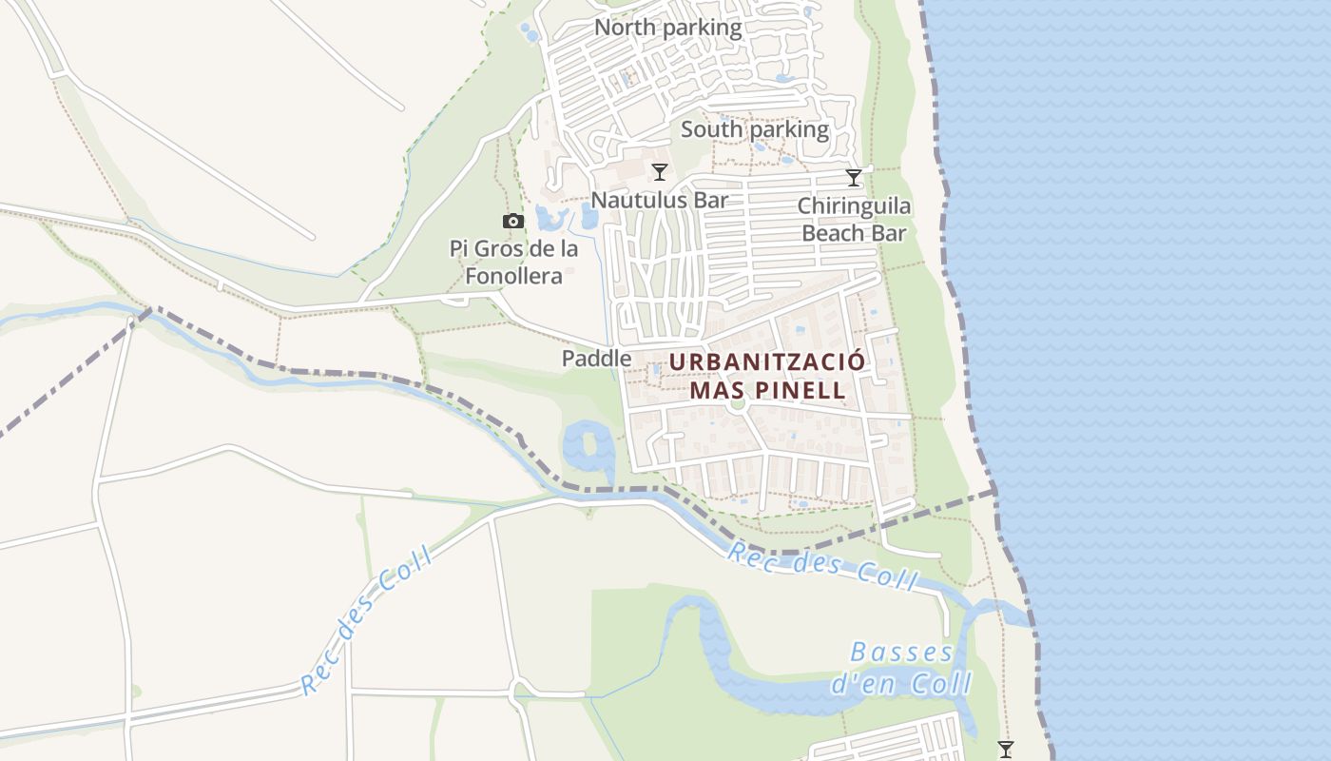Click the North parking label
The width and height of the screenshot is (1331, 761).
(667, 28)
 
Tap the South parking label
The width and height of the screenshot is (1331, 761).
(755, 129)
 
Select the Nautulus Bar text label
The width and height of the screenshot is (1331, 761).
(659, 200)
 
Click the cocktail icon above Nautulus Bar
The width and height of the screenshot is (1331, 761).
(659, 172)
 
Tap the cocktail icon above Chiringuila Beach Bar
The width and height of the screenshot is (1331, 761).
(854, 178)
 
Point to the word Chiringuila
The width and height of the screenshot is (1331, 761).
(854, 206)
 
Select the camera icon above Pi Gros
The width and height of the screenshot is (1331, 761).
(513, 222)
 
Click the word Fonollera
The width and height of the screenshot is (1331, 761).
(513, 277)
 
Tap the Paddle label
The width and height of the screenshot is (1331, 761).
(596, 359)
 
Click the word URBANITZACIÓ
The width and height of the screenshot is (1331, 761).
(767, 362)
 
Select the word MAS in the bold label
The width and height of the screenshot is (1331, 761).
(713, 390)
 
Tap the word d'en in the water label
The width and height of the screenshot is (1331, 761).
(853, 684)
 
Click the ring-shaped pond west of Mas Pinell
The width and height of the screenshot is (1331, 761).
(588, 447)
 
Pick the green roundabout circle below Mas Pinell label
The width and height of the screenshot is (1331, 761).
(737, 404)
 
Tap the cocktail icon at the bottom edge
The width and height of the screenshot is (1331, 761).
(1005, 750)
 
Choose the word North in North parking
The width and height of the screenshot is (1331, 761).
(625, 28)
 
